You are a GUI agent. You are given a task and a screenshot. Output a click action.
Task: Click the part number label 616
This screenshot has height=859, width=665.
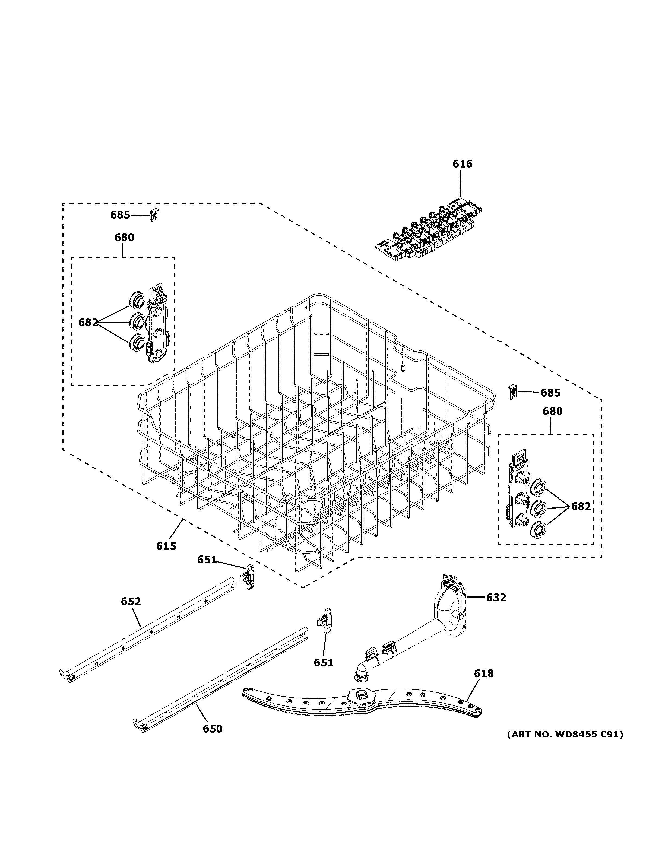[462, 164]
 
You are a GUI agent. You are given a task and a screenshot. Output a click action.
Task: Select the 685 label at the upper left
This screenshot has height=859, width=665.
[120, 215]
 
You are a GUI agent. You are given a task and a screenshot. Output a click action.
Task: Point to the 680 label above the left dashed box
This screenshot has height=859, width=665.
[124, 238]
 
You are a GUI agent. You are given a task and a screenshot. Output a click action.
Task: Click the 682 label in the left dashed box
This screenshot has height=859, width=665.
[88, 322]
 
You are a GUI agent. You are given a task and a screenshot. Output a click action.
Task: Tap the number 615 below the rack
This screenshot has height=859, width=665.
[166, 546]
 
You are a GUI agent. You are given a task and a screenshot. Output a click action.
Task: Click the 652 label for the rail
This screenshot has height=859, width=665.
[131, 601]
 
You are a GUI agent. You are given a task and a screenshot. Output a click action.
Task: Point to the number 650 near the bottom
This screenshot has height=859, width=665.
[213, 729]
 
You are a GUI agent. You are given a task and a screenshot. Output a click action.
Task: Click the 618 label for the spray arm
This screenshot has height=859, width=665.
[484, 674]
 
